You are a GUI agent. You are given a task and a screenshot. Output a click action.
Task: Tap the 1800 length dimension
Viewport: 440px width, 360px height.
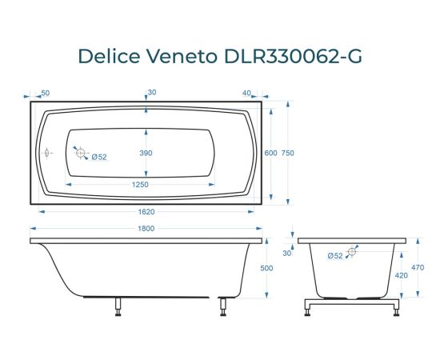[x=145, y=230]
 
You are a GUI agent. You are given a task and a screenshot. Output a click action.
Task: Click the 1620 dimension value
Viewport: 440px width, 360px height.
[x=145, y=212]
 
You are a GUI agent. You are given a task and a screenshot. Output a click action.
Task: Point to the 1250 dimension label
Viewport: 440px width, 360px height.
[x=141, y=185]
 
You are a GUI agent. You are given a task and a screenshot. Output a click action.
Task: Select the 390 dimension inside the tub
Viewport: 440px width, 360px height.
[x=146, y=152]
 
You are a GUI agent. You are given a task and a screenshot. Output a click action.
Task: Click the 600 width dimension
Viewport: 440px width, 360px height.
[x=270, y=153]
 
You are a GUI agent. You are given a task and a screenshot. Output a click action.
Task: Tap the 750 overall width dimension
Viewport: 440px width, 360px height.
[x=287, y=153]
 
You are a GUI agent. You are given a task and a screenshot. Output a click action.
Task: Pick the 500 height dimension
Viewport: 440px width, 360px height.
[x=267, y=268]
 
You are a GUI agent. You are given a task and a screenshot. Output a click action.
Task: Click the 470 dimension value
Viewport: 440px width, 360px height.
[x=417, y=268]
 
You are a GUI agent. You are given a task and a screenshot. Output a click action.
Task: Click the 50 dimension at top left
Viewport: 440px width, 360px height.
[x=45, y=93]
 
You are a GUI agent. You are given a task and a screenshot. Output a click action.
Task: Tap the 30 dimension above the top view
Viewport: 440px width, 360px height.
[x=151, y=93]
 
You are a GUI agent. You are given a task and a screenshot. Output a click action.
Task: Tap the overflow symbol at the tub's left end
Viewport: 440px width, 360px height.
[x=46, y=151]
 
